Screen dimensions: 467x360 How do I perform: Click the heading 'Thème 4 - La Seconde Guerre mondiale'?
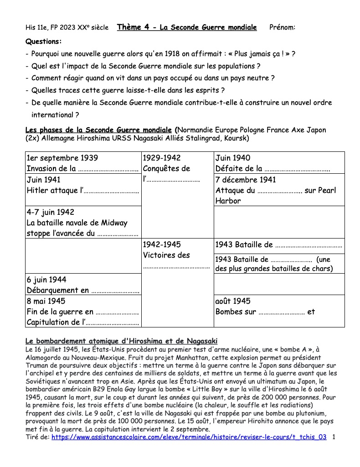(x=187, y=27)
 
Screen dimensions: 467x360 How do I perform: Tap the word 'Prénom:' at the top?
(x=283, y=27)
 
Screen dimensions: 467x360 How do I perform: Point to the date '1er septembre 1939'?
(x=62, y=158)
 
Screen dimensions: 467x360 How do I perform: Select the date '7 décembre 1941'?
(x=246, y=180)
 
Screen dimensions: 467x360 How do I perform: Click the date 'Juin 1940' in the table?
(x=233, y=158)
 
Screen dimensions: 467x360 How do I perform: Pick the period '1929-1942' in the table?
(x=162, y=158)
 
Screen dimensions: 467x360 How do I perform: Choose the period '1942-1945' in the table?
(x=162, y=244)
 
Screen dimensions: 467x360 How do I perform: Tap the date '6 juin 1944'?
(x=46, y=280)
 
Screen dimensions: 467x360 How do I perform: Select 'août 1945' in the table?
(x=233, y=301)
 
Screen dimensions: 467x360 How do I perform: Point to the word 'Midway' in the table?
(x=113, y=223)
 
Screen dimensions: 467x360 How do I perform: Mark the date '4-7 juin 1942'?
(x=50, y=212)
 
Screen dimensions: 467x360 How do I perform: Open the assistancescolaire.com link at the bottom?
(x=189, y=437)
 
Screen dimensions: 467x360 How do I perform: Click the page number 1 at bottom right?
(x=334, y=437)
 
